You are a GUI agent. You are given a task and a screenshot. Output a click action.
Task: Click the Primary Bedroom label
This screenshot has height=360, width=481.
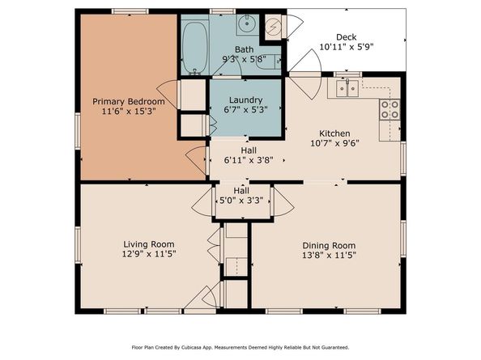[129, 101]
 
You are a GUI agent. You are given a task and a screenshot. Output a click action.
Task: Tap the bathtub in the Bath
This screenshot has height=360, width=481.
[195, 48]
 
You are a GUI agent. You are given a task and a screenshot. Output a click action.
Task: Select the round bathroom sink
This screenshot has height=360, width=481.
[247, 23]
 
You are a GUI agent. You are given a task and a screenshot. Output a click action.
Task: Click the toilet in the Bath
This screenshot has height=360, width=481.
[268, 62]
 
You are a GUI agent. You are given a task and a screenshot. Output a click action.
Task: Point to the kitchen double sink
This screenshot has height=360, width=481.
[347, 88]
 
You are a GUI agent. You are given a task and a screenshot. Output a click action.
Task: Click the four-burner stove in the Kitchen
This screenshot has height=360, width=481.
[389, 110]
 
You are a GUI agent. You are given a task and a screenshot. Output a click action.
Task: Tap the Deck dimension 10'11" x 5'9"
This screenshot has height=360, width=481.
[347, 47]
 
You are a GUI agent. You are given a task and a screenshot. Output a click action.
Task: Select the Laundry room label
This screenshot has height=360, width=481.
[245, 100]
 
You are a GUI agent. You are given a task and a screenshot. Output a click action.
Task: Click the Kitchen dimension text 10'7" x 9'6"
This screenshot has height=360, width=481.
[334, 143]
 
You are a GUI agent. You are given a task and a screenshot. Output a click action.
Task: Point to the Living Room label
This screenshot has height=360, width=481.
[149, 244]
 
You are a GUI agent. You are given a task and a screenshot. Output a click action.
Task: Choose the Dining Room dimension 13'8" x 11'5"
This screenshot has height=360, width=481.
[329, 255]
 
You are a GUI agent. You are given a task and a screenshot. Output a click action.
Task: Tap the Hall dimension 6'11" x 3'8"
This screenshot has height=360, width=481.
[249, 160]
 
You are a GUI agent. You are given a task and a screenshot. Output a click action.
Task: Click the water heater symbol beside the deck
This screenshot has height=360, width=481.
[272, 27]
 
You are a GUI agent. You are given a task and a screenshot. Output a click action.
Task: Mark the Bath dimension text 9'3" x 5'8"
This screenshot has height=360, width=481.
[245, 59]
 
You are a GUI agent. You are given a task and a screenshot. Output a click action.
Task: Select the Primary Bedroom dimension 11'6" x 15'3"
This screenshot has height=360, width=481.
[129, 111]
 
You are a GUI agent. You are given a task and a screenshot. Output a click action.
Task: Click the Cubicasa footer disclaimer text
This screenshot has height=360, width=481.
[240, 347]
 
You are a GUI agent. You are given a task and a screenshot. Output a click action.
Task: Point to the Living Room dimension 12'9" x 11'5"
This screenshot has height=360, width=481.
[149, 254]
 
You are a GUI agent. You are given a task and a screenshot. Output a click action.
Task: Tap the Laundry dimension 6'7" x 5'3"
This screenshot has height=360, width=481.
[245, 109]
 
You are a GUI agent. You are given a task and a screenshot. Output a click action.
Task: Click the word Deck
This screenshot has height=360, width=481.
[347, 37]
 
